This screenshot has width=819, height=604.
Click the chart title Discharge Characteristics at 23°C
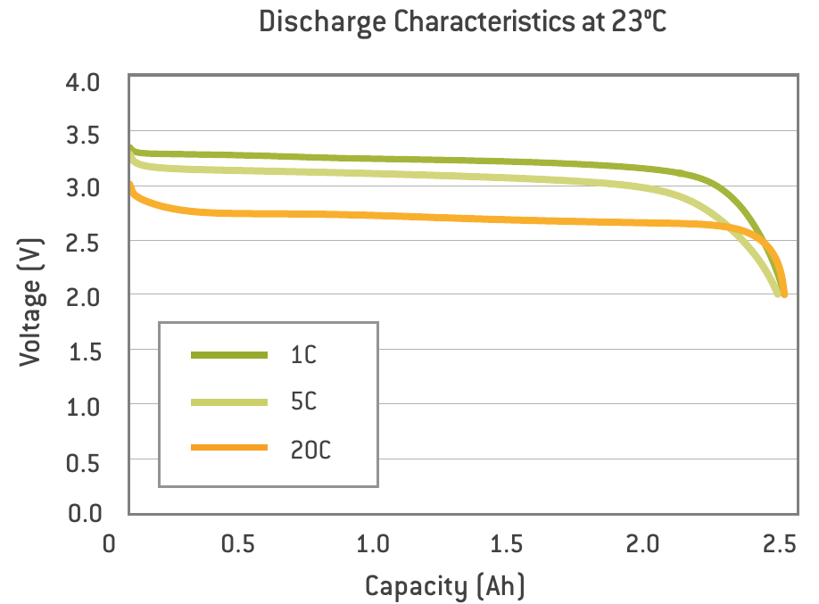coord(463,23)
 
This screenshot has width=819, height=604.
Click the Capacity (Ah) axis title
coord(444,586)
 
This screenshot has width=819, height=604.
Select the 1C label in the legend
coord(302,355)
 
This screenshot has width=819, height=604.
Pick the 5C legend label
coord(303,402)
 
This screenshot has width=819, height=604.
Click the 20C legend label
coord(310,450)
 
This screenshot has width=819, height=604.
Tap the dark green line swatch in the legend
coord(229,355)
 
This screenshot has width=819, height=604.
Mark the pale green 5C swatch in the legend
coord(229,402)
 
